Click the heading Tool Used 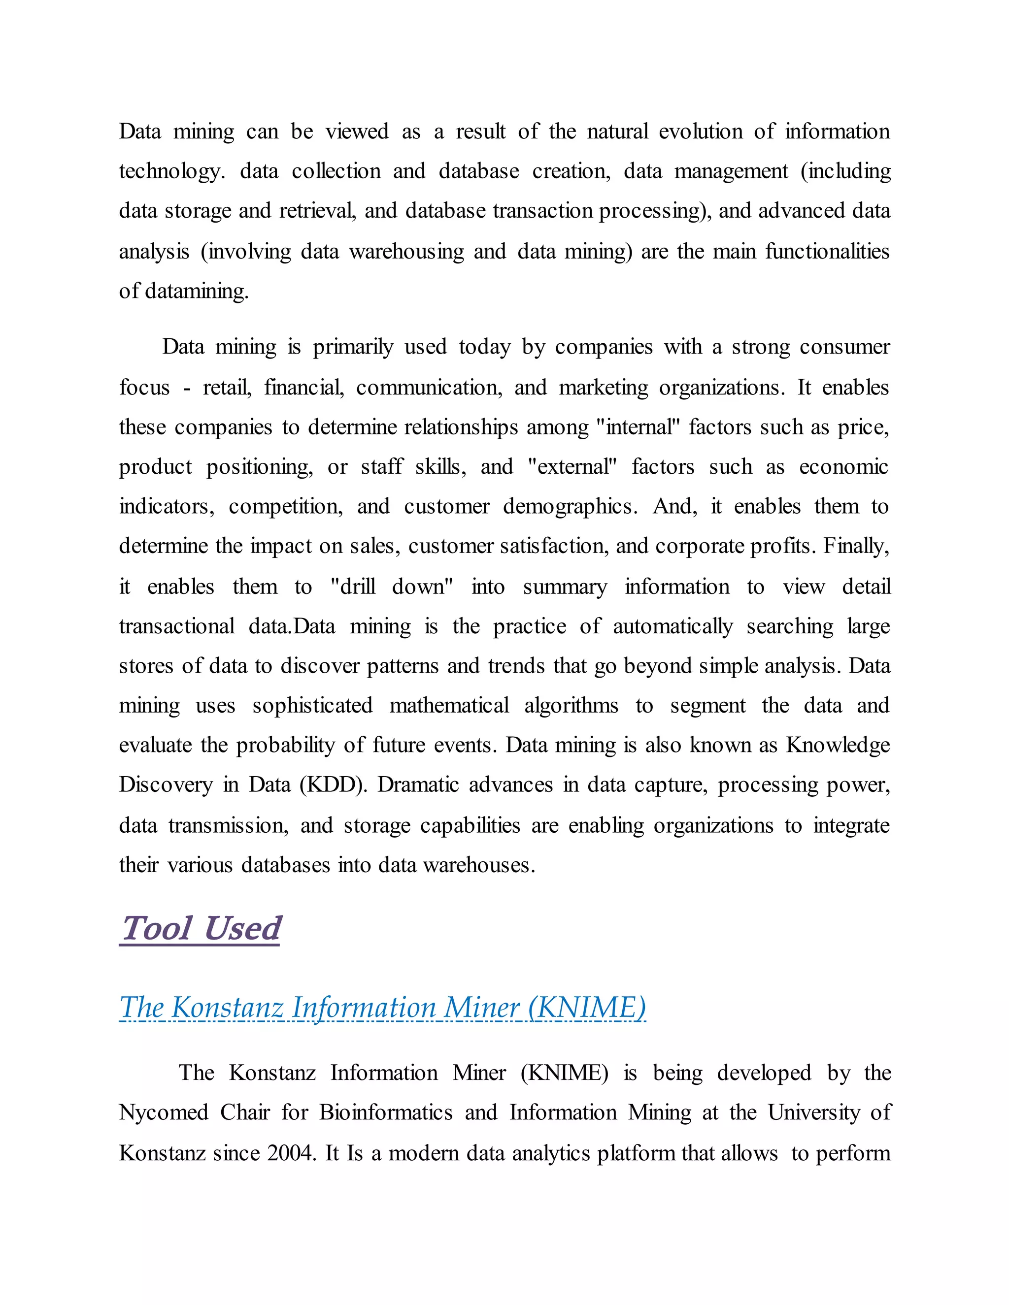coord(200,929)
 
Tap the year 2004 coord(290,1153)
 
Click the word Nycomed coord(163,1112)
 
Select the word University coord(813,1112)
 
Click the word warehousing coord(406,252)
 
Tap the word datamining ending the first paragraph coord(196,292)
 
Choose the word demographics coord(570,507)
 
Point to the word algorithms coord(571,706)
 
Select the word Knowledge coord(838,745)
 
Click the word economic coord(843,467)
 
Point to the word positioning coord(260,467)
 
